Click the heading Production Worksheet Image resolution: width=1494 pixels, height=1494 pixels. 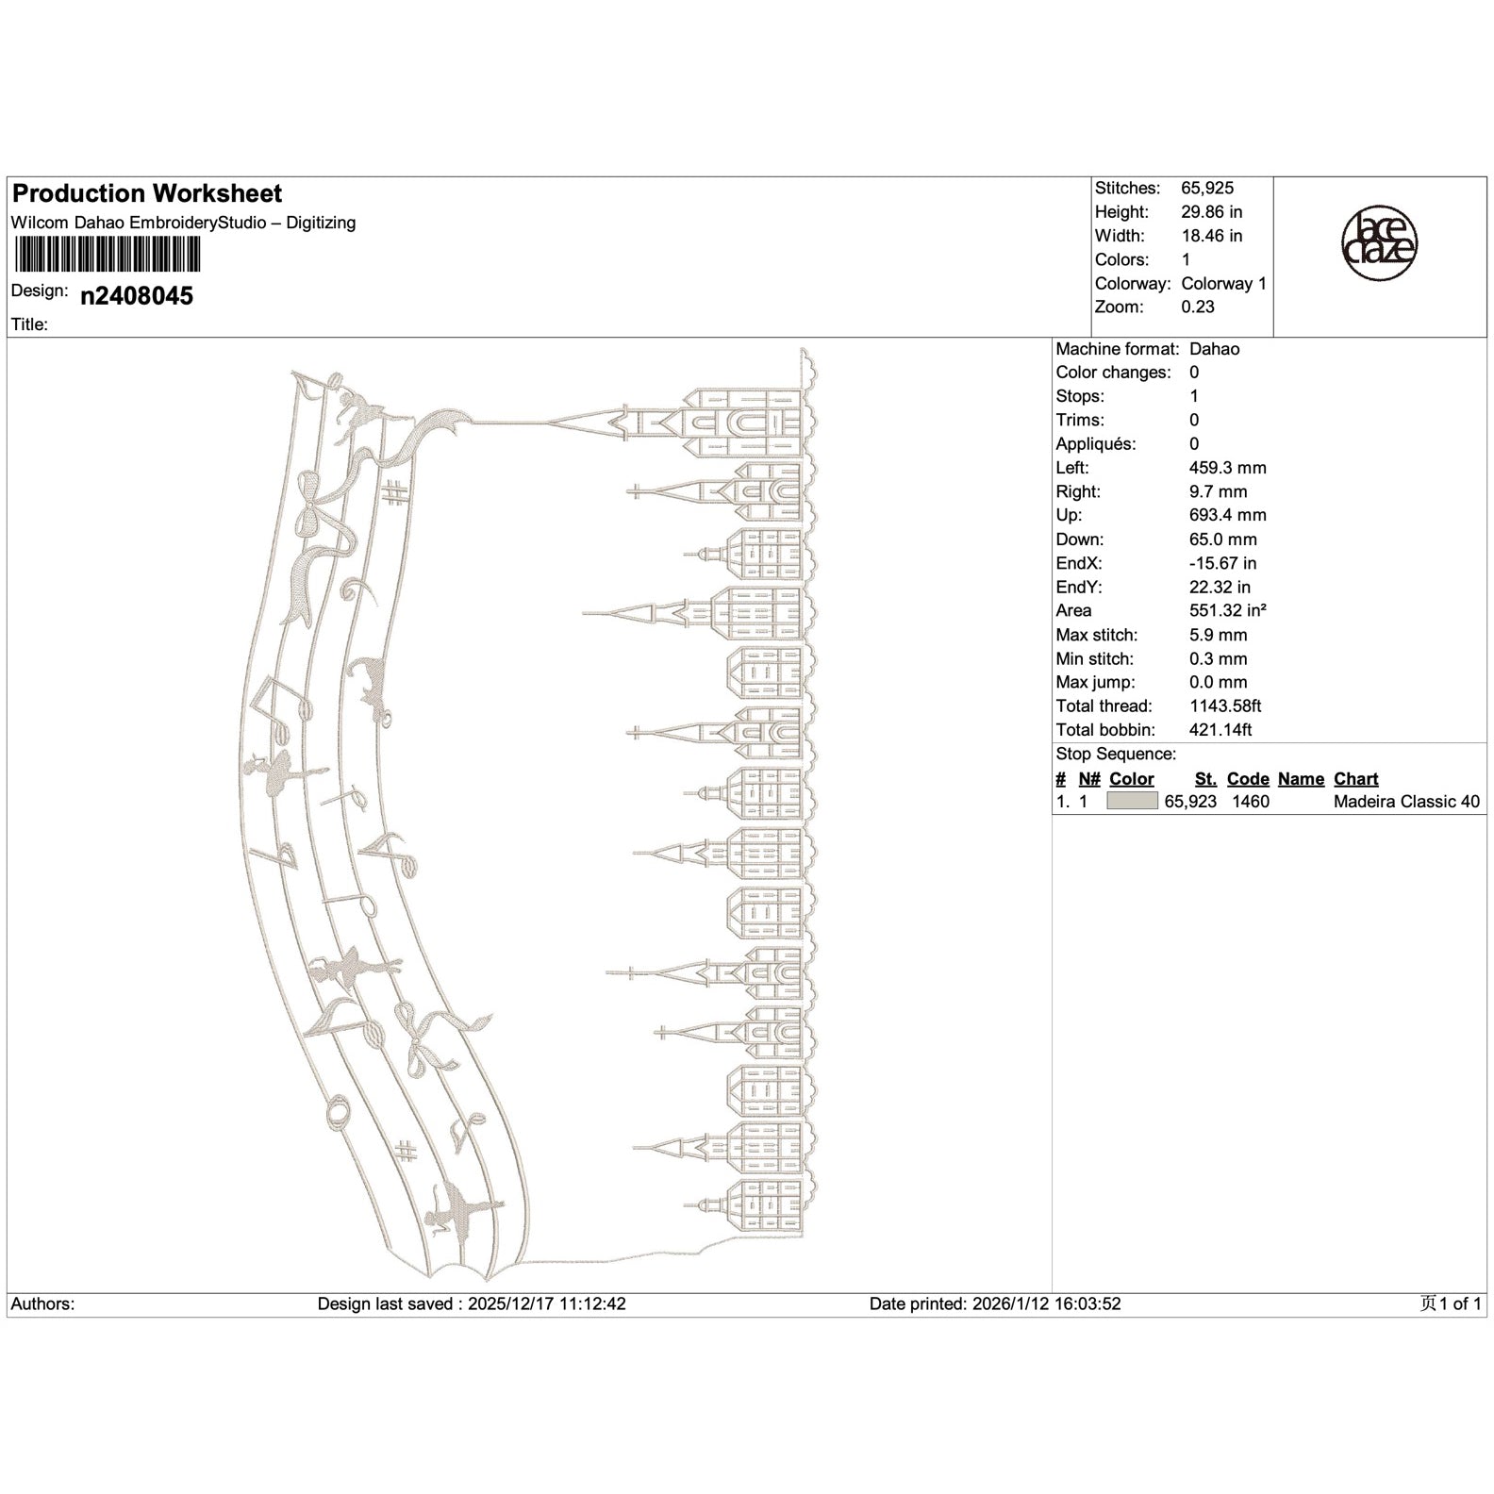click(x=147, y=193)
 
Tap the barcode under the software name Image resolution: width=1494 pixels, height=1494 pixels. click(x=107, y=253)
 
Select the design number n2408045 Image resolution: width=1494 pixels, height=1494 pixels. click(x=137, y=296)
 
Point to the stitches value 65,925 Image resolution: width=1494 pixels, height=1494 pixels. click(x=1207, y=189)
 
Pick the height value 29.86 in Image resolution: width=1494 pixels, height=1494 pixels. click(x=1211, y=212)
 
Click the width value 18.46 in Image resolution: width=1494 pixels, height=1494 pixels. click(x=1211, y=236)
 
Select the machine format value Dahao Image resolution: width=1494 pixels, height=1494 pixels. click(x=1215, y=349)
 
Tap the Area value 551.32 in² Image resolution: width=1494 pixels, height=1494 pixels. click(x=1228, y=610)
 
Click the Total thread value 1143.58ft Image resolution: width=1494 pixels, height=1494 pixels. click(x=1225, y=705)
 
